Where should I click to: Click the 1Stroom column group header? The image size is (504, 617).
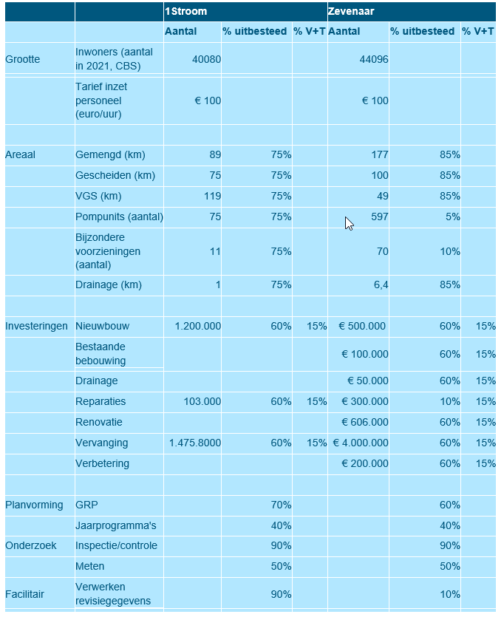[x=185, y=12]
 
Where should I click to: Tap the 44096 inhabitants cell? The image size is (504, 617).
[x=373, y=59]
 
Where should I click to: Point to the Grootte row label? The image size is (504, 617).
[x=22, y=59]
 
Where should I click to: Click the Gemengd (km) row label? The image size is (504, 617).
[x=110, y=154]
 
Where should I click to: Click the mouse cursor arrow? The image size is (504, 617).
[x=349, y=223]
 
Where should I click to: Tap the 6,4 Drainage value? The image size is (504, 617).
[x=381, y=284]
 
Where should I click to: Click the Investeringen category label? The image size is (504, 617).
[x=36, y=326]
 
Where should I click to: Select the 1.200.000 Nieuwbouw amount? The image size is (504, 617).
[x=194, y=326]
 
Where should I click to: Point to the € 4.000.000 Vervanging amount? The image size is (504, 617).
[x=360, y=443]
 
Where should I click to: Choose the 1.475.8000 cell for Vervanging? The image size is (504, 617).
[x=194, y=443]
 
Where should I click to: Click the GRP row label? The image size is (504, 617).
[x=86, y=505]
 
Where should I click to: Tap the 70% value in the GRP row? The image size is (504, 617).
[x=281, y=505]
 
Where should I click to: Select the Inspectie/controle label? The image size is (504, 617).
[x=116, y=545]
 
